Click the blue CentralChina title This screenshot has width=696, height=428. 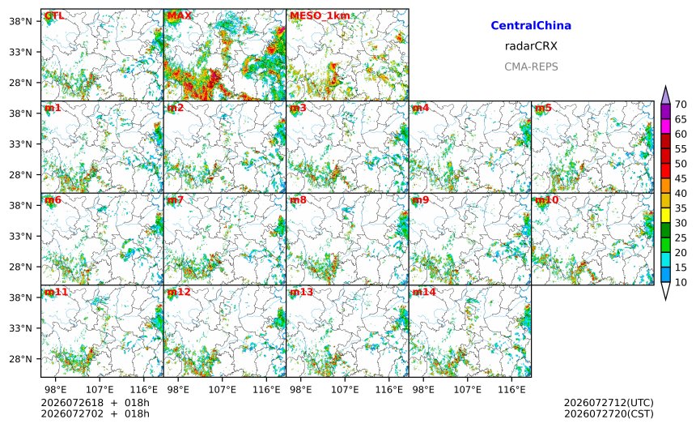[531, 25]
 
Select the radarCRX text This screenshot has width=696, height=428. [531, 45]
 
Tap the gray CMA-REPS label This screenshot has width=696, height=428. [531, 66]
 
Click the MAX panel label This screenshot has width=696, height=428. [180, 15]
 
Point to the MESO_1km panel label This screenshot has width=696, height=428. [320, 16]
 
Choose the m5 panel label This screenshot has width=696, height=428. [543, 108]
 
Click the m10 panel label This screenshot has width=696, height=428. [546, 200]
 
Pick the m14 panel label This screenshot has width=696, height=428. [424, 292]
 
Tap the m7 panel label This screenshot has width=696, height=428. [176, 200]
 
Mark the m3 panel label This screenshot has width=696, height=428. [298, 108]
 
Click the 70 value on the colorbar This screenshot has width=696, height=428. [681, 105]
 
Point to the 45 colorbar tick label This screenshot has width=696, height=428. [681, 178]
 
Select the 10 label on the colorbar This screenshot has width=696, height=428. [681, 282]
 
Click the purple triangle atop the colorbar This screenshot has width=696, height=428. [665, 96]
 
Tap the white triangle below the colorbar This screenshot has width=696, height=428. [665, 291]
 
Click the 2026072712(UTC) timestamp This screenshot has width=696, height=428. [609, 403]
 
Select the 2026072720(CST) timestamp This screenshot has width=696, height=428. [609, 413]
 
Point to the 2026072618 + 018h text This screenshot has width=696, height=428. [95, 403]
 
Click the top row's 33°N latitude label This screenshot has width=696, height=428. [21, 52]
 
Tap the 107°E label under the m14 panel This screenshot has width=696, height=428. [468, 390]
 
